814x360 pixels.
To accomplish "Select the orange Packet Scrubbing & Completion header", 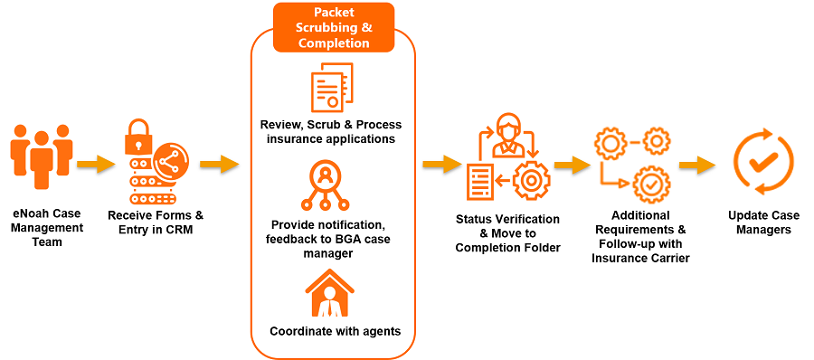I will pyautogui.click(x=334, y=27).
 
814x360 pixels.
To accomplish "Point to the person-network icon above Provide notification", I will pyautogui.click(x=325, y=186).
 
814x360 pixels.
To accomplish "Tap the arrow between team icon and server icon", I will pyautogui.click(x=96, y=164).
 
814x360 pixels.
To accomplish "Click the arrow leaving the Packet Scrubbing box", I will pyautogui.click(x=440, y=164).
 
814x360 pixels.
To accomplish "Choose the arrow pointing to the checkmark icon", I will pyautogui.click(x=697, y=165).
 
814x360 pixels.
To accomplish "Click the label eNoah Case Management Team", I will pyautogui.click(x=47, y=227).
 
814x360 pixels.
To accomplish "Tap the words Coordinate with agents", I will pyautogui.click(x=334, y=331).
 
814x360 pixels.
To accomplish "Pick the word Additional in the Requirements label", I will pyautogui.click(x=640, y=215).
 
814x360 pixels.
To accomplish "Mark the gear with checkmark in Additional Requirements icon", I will pyautogui.click(x=650, y=184).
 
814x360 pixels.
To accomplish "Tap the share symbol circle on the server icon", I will pyautogui.click(x=171, y=159).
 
